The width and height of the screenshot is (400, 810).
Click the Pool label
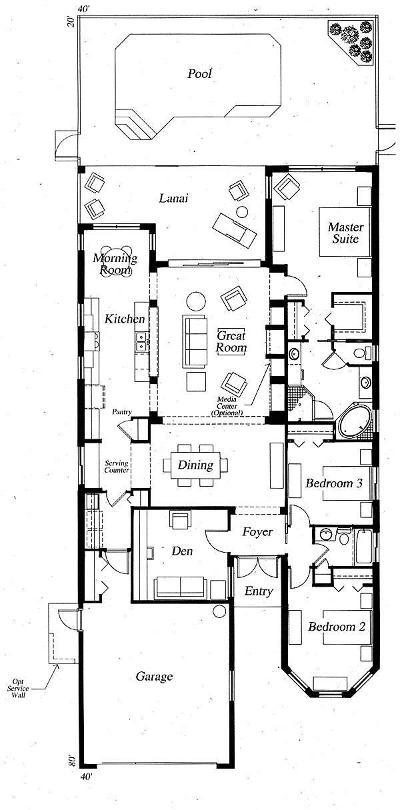point(199,74)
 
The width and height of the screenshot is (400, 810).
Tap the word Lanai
point(173,198)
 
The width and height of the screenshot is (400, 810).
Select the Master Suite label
point(345,233)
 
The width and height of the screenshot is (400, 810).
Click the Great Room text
point(231,341)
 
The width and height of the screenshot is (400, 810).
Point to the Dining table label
point(195,465)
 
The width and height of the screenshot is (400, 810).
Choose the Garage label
point(154,677)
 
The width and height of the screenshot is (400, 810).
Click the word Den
point(182,551)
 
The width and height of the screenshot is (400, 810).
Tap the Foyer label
point(257,532)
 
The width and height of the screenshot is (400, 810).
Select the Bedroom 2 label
point(337,626)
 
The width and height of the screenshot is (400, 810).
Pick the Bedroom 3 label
point(334,483)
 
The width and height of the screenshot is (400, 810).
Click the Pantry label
point(122,412)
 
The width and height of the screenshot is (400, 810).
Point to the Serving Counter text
point(117,467)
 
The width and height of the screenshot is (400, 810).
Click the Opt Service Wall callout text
point(18,688)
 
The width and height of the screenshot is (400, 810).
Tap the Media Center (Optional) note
point(227,406)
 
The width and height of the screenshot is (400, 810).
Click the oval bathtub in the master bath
point(355,422)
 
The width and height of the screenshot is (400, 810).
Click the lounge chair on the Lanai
point(235,231)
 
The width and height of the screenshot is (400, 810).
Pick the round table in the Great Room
point(196,301)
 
